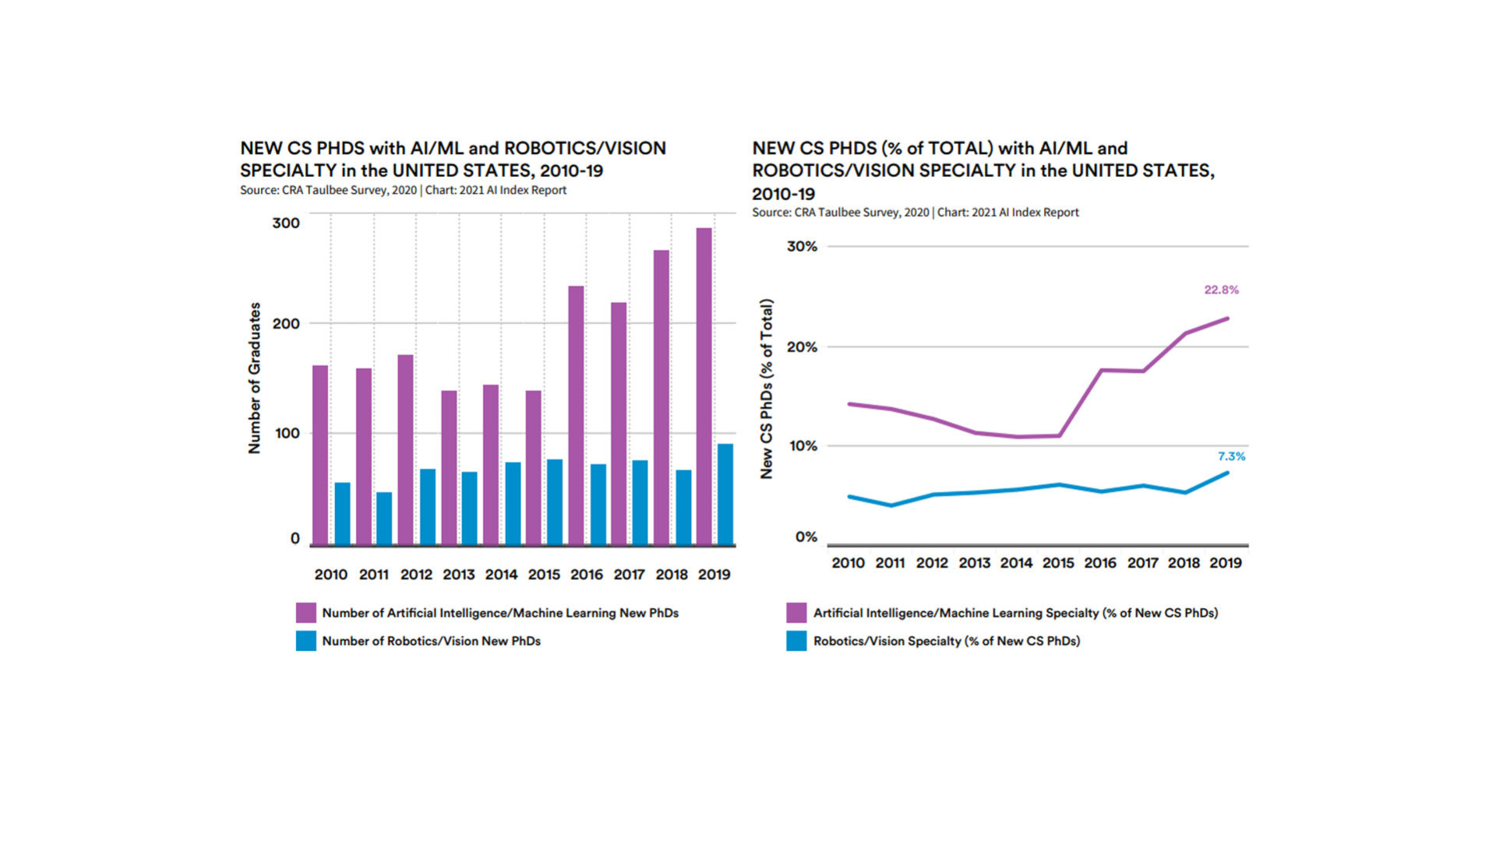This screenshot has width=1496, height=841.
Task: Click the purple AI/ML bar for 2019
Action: pyautogui.click(x=704, y=386)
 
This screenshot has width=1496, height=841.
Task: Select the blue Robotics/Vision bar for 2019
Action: pyautogui.click(x=725, y=494)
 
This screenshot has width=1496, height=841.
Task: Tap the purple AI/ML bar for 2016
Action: pyautogui.click(x=576, y=415)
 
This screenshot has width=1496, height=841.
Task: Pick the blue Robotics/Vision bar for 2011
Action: pyautogui.click(x=384, y=519)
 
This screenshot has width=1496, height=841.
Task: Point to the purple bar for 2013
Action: pyautogui.click(x=449, y=467)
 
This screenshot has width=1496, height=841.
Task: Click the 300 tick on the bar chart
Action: pyautogui.click(x=286, y=223)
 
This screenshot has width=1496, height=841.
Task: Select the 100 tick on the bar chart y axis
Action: pyautogui.click(x=287, y=434)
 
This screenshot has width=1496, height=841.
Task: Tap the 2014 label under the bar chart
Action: pyautogui.click(x=501, y=575)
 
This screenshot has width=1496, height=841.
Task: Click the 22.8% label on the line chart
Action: pyautogui.click(x=1221, y=290)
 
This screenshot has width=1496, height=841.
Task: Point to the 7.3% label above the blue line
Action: pyautogui.click(x=1231, y=456)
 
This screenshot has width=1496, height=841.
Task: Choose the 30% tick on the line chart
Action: pyautogui.click(x=802, y=247)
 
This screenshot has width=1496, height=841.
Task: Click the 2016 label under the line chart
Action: pyautogui.click(x=1100, y=563)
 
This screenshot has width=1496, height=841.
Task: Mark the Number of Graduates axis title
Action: pyautogui.click(x=255, y=378)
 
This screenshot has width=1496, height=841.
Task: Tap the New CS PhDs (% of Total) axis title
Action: pyautogui.click(x=767, y=389)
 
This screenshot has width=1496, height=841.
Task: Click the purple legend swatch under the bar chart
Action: pyautogui.click(x=306, y=613)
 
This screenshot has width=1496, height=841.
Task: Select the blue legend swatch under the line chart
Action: pyautogui.click(x=796, y=641)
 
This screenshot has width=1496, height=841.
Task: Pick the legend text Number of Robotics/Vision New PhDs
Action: pyautogui.click(x=431, y=641)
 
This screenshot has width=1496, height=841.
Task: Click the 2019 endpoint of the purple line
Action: pyautogui.click(x=1228, y=318)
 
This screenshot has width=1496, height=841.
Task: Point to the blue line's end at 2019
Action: pyautogui.click(x=1228, y=473)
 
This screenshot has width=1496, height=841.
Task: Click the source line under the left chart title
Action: pyautogui.click(x=403, y=190)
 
